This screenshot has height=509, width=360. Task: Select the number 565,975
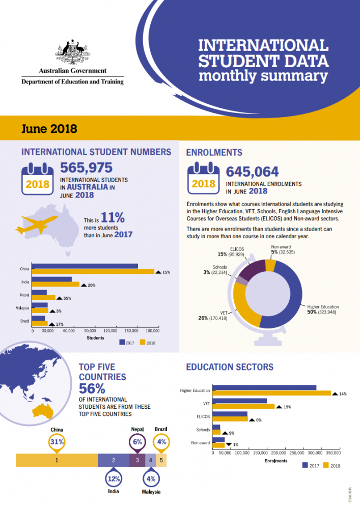(87, 167)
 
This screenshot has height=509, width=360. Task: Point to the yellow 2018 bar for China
(93, 272)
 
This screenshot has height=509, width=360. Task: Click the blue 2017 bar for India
(52, 279)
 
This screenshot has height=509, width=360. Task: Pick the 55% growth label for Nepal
(67, 298)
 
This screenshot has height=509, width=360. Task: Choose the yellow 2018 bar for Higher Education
(271, 393)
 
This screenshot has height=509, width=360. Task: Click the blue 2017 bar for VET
(239, 401)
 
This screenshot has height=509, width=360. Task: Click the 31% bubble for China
(57, 442)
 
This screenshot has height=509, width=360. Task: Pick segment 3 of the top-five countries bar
(137, 460)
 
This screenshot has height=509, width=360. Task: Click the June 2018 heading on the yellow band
(49, 128)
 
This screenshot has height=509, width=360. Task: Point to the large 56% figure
(92, 388)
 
